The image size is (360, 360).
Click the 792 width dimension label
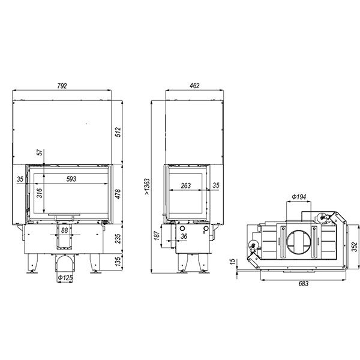(62, 86)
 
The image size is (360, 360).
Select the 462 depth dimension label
(194, 86)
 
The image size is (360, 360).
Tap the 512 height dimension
(118, 132)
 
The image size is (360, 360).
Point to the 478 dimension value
(118, 194)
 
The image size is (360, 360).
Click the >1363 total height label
(147, 187)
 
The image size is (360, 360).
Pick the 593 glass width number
(71, 179)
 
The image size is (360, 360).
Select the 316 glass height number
(40, 193)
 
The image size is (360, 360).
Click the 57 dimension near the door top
(40, 152)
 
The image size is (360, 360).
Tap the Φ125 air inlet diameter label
(65, 278)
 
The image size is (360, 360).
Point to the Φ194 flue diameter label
(299, 197)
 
